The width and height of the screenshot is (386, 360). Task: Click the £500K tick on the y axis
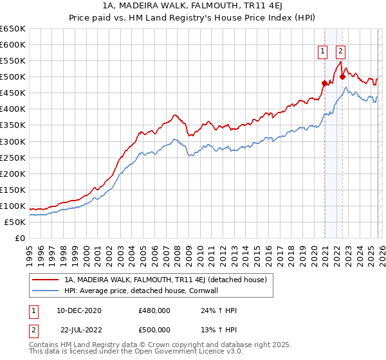pyautogui.click(x=13, y=77)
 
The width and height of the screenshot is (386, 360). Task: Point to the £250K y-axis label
pyautogui.click(x=13, y=157)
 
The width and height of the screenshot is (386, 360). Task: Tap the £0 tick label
pyautogui.click(x=20, y=239)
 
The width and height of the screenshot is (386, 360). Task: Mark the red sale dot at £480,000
pyautogui.click(x=324, y=83)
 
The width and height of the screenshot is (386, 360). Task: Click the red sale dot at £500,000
pyautogui.click(x=342, y=76)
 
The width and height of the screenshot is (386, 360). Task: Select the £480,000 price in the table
pyautogui.click(x=154, y=311)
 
